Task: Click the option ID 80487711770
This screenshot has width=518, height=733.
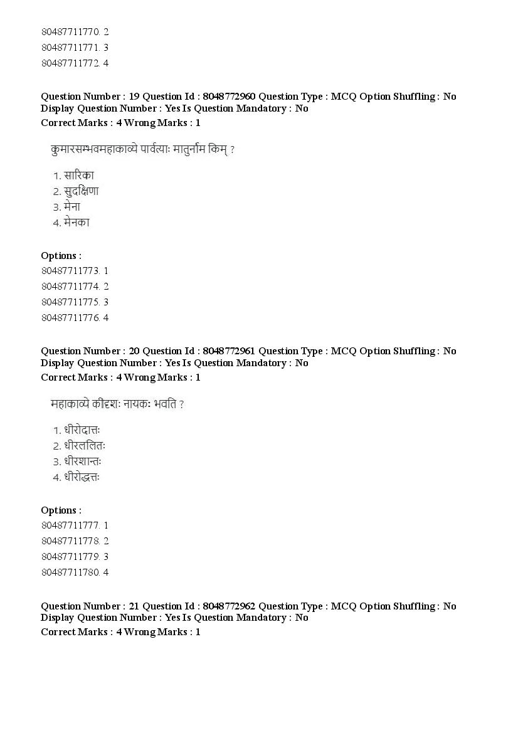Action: click(x=70, y=31)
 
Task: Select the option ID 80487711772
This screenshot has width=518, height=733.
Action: click(x=70, y=63)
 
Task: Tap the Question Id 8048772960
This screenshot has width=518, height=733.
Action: click(x=228, y=97)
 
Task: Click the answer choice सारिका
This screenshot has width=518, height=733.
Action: click(x=78, y=176)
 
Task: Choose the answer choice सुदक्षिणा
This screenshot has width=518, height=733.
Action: click(x=81, y=191)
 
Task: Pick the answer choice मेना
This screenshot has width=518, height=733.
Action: click(x=72, y=207)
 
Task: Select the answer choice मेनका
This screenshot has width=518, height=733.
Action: click(x=77, y=222)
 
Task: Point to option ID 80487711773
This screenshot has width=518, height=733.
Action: click(x=70, y=271)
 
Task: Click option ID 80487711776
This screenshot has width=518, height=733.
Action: click(x=70, y=318)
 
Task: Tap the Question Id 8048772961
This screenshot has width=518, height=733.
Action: click(x=228, y=351)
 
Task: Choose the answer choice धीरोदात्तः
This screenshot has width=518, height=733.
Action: click(x=82, y=431)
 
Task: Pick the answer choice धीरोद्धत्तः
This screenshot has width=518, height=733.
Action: click(x=82, y=477)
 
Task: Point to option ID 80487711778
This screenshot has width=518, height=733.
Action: click(x=70, y=541)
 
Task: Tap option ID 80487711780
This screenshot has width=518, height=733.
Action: click(x=70, y=572)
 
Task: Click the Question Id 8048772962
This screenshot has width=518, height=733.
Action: click(x=228, y=606)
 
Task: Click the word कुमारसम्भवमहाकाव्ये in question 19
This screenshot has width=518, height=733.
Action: click(x=102, y=150)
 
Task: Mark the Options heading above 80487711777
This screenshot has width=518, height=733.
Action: click(x=61, y=510)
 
